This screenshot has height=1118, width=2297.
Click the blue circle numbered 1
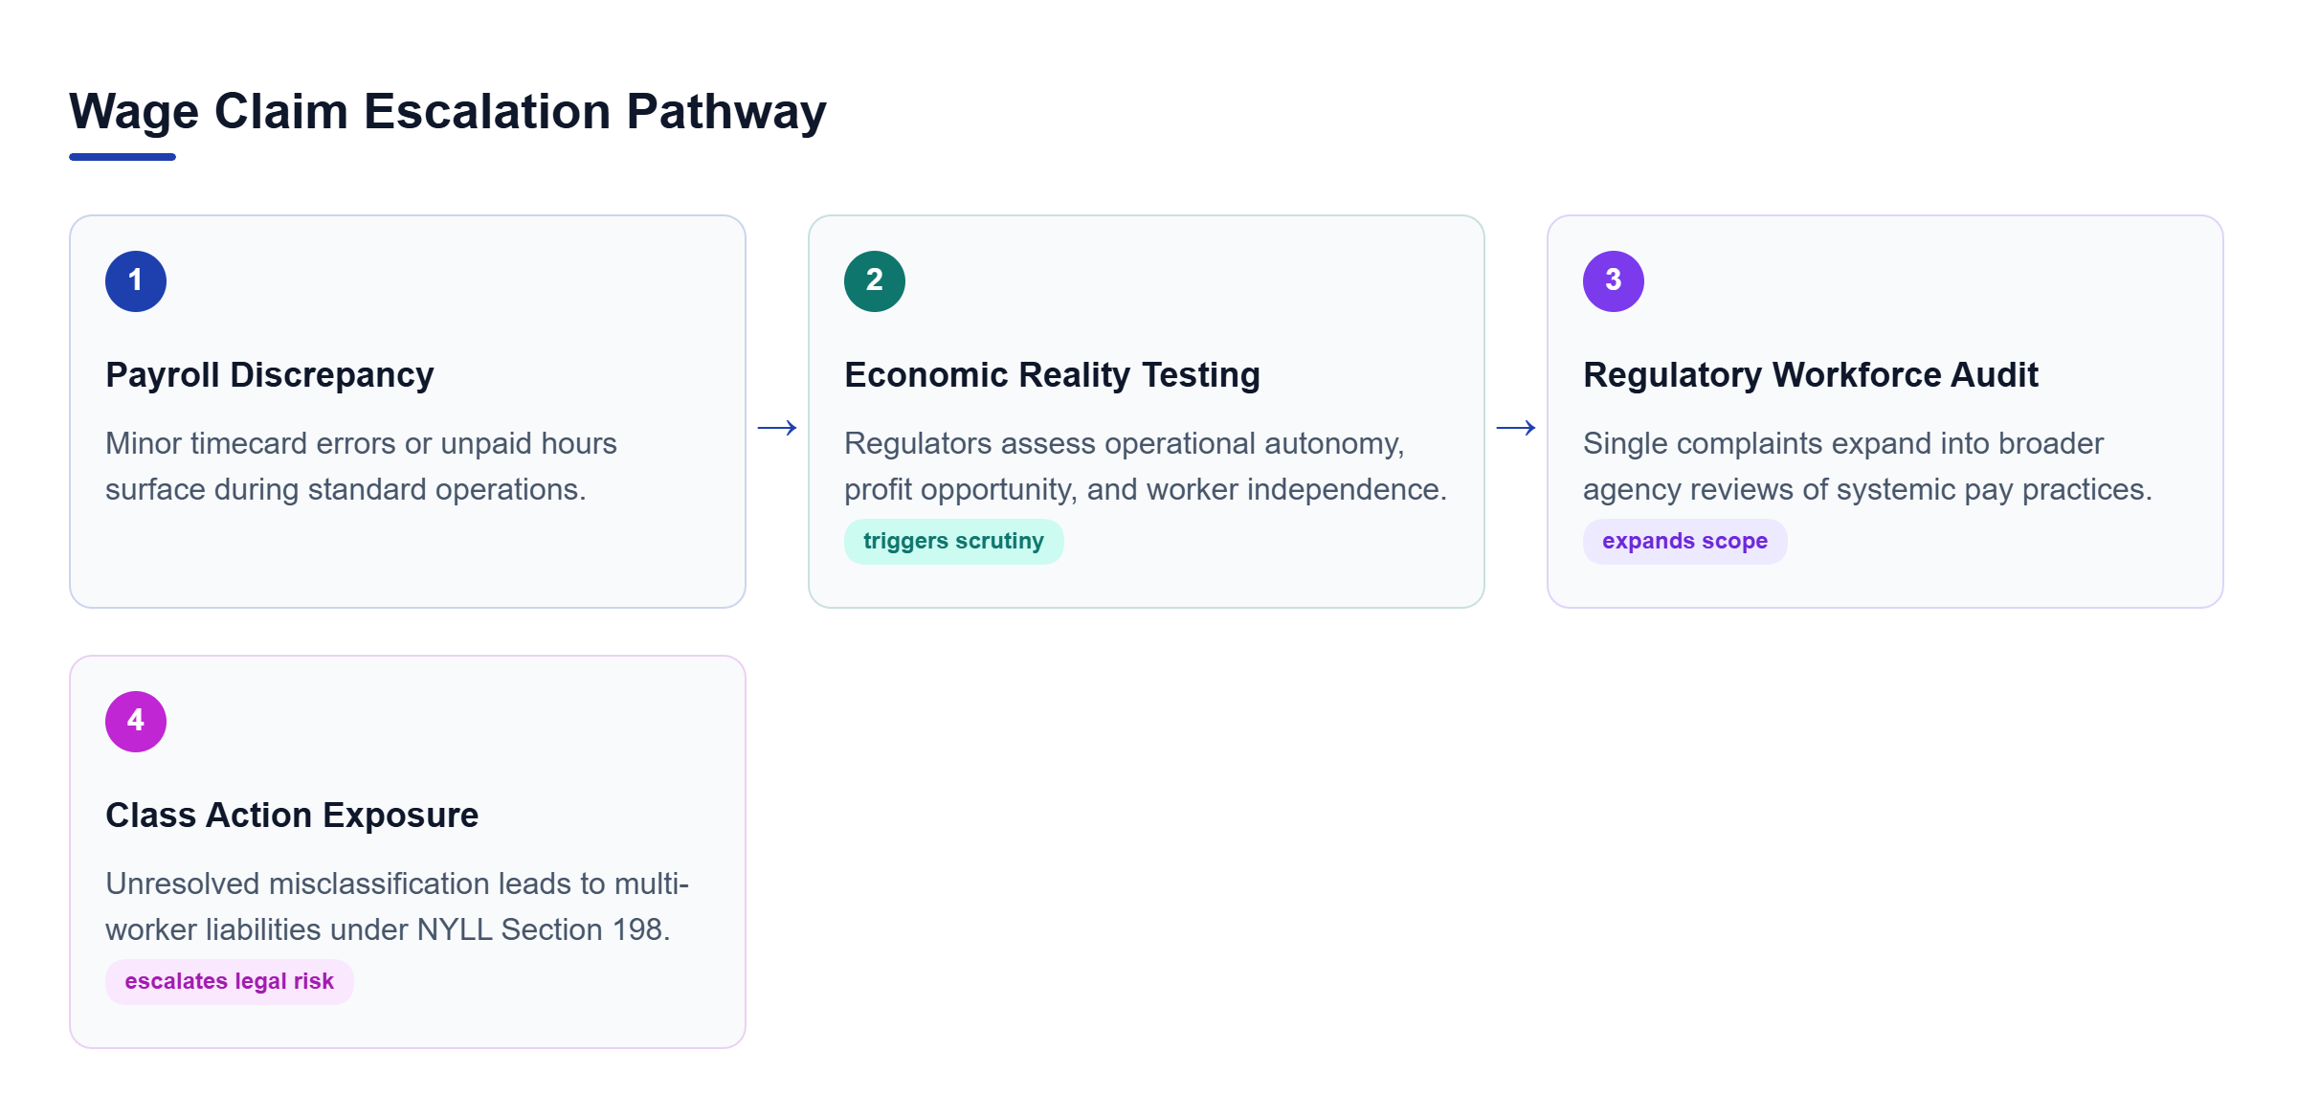136,281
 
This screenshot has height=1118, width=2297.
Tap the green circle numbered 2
875,281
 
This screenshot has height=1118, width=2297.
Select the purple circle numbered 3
1614,281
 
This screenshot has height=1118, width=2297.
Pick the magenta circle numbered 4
136,722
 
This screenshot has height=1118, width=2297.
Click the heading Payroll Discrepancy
270,375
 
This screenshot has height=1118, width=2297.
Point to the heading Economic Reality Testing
1052,375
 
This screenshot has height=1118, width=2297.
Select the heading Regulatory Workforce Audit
1811,375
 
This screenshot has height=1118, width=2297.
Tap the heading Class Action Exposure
292,816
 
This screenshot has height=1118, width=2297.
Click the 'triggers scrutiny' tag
953,542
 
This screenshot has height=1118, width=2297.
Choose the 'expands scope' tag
1684,542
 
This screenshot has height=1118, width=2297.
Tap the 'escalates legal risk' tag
230,982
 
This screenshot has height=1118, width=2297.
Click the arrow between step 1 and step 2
777,428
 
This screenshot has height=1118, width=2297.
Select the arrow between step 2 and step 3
1516,428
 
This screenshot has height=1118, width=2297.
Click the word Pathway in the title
726,113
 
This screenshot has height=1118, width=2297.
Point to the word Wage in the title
134,113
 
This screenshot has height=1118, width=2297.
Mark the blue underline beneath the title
123,157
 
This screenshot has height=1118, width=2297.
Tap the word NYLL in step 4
455,929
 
